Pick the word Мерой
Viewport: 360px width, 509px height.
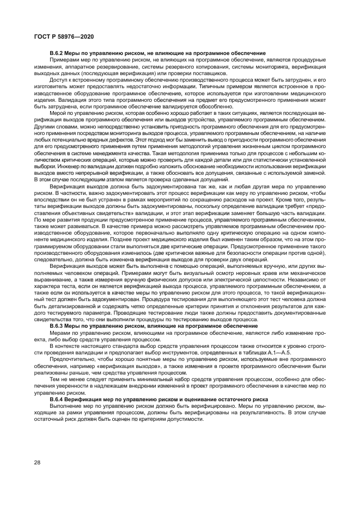point(57,112)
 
